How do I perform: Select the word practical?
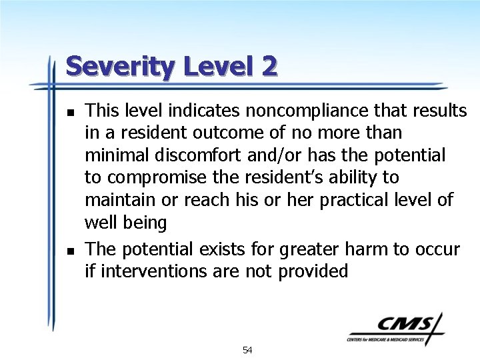coord(357,200)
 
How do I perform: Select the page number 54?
coord(247,350)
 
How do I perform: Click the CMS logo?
coord(395,327)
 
